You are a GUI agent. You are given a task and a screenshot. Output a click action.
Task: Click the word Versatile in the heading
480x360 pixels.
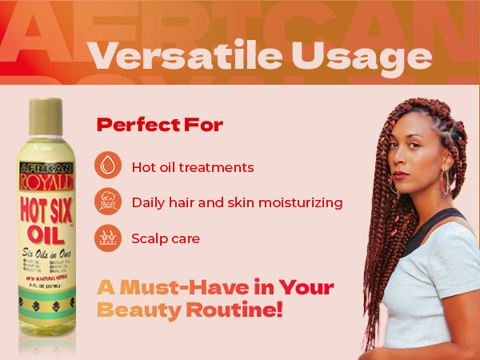pyautogui.click(x=174, y=56)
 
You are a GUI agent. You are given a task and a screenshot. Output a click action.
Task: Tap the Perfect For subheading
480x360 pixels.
pyautogui.click(x=159, y=125)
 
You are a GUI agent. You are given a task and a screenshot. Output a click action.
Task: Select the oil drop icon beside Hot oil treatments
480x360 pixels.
pyautogui.click(x=108, y=166)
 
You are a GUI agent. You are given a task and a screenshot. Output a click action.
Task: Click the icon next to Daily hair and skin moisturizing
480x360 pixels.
pyautogui.click(x=108, y=202)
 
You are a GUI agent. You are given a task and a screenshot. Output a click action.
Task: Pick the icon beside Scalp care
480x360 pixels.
pyautogui.click(x=108, y=238)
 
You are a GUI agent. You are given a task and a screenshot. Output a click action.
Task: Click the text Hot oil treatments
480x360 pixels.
pyautogui.click(x=193, y=167)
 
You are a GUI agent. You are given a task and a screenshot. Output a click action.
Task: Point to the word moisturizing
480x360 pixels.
pyautogui.click(x=299, y=203)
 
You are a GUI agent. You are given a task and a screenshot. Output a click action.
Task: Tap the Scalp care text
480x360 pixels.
pyautogui.click(x=166, y=238)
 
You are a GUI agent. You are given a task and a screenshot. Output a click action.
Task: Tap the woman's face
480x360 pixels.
pyautogui.click(x=416, y=156)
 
